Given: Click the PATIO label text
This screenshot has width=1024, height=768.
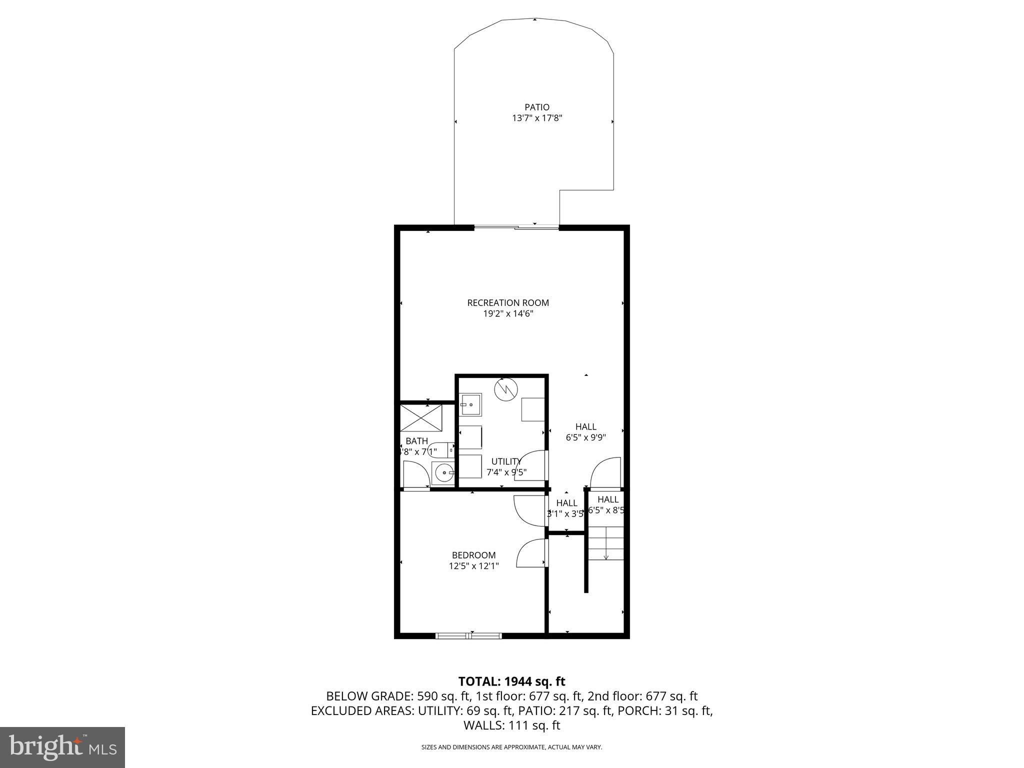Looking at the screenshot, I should tap(536, 107).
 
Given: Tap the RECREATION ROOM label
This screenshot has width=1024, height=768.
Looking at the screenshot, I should tap(507, 302).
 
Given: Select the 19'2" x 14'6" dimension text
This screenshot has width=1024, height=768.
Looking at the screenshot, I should tap(507, 314).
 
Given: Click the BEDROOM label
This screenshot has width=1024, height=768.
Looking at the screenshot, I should tap(473, 555).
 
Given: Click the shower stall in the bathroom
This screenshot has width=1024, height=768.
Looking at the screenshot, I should tap(421, 418).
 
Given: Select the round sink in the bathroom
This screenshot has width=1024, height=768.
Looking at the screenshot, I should tap(443, 472).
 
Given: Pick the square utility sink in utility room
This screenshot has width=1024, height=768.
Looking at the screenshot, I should tap(470, 404).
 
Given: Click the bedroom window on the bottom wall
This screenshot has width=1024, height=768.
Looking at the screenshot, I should tap(468, 635).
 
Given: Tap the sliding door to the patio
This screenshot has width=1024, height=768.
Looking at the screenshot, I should tap(516, 228).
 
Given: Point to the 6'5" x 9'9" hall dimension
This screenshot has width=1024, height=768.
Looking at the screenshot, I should tap(585, 437).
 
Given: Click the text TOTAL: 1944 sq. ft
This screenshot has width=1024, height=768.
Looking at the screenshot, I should tap(511, 681).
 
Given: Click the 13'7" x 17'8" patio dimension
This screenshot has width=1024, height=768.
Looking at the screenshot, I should tap(536, 118).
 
